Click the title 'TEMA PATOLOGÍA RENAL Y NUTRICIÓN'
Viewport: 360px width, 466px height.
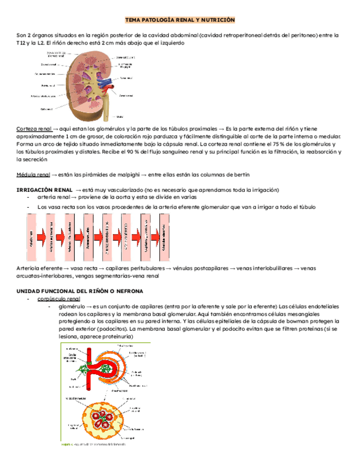(180, 20)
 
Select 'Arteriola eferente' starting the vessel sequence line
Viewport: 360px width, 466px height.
(39, 268)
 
